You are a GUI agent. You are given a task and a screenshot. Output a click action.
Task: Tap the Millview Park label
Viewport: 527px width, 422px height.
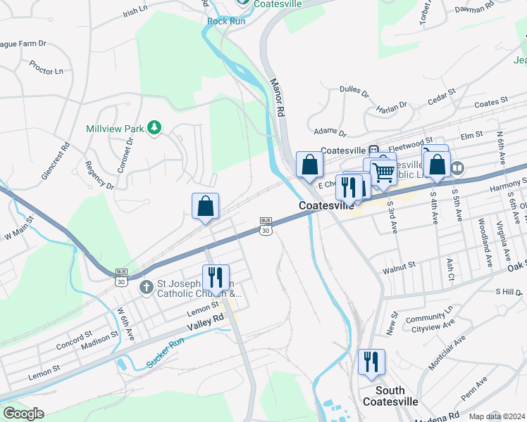(x=115, y=129)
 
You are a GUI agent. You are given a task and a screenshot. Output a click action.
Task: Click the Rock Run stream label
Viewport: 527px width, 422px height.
(x=225, y=21)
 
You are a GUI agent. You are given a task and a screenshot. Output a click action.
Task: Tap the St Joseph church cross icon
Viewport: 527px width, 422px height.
(x=147, y=287)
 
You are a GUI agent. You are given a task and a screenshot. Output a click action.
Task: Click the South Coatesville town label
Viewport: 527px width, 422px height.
(x=390, y=396)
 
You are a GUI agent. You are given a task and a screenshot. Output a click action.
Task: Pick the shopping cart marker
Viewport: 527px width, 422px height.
(x=383, y=171)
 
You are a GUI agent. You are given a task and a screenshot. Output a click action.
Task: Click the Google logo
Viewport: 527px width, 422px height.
(x=23, y=414)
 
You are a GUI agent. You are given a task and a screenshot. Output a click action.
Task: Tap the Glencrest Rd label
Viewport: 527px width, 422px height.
(x=56, y=161)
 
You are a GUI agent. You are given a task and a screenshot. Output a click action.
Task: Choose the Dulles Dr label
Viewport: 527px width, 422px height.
(x=354, y=91)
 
